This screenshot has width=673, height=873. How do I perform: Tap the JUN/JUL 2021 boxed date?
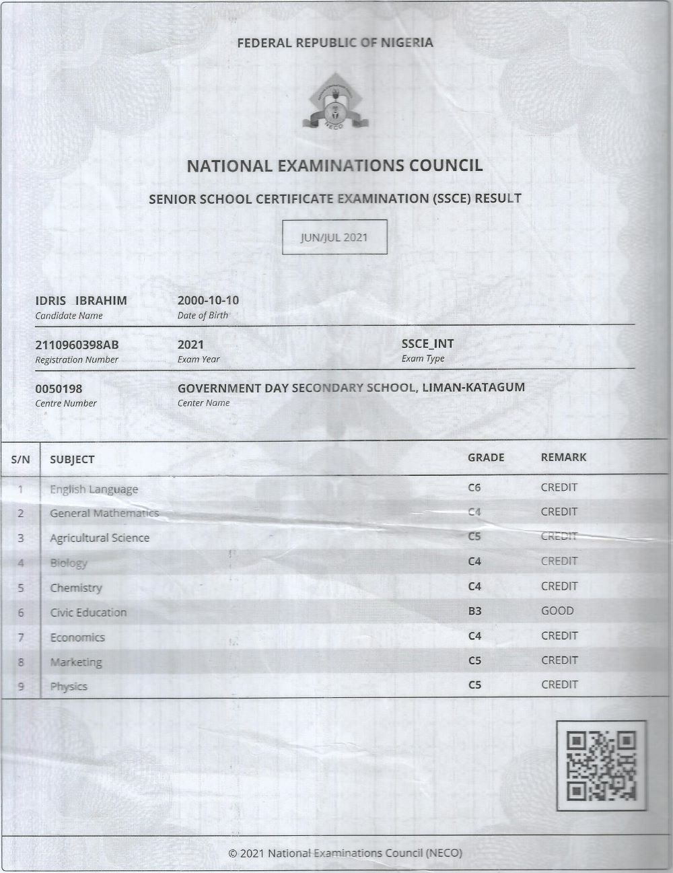[334, 237]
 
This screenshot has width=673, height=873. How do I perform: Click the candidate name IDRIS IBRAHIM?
[81, 301]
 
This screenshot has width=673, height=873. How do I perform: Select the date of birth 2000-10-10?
[208, 300]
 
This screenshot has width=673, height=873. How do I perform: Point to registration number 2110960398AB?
[77, 345]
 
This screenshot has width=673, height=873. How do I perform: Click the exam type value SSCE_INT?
[427, 343]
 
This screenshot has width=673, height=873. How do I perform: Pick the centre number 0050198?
[59, 389]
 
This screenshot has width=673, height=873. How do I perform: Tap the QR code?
[602, 765]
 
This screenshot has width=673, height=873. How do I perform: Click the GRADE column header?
[486, 458]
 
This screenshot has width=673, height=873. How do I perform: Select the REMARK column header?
[563, 458]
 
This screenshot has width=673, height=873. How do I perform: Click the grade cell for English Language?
[474, 487]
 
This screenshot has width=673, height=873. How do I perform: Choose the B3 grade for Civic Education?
[474, 611]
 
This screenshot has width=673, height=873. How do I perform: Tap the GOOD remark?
[557, 611]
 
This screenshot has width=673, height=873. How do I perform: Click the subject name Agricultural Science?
[100, 538]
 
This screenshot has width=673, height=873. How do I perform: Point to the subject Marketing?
[76, 662]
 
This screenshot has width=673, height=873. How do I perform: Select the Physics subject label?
[69, 687]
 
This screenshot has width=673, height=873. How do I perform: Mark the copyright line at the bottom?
[345, 853]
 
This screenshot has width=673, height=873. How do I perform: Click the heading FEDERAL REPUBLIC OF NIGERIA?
[335, 43]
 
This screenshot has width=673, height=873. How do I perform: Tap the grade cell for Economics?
[474, 636]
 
